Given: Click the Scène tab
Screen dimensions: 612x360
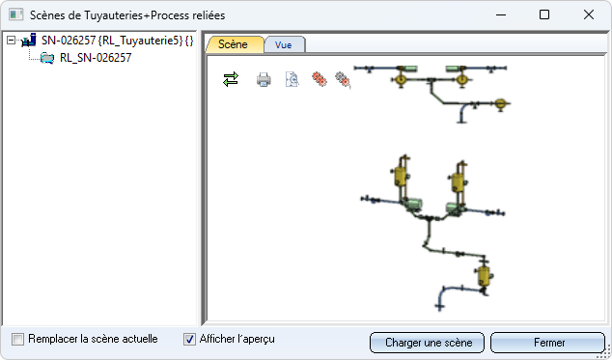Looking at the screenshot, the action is click(x=233, y=44).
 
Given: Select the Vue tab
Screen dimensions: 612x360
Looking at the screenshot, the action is click(x=284, y=45).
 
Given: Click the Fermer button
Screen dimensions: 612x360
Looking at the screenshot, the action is click(x=548, y=343).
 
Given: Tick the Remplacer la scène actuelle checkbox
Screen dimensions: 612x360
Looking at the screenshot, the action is click(x=17, y=339).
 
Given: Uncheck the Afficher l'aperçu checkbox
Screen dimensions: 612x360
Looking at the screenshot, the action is click(x=189, y=339).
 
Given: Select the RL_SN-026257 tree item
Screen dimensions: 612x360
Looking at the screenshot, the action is click(x=96, y=58).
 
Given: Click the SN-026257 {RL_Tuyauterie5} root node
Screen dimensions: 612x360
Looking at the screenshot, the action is click(x=117, y=41).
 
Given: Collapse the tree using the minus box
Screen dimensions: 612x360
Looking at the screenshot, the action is click(x=12, y=41).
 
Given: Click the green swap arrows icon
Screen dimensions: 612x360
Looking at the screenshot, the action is click(x=231, y=79).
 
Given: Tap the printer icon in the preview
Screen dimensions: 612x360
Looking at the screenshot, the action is click(x=264, y=80).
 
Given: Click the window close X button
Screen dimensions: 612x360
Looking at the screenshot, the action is click(x=589, y=14).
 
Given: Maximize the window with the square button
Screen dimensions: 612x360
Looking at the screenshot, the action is click(x=544, y=14).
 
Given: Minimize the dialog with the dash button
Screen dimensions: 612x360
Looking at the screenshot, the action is click(x=501, y=15).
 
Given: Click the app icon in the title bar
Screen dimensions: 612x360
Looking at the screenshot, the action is click(x=16, y=14).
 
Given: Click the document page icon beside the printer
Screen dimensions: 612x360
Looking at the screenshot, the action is click(x=292, y=79).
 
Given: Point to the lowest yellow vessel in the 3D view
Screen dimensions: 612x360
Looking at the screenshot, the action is click(x=484, y=276).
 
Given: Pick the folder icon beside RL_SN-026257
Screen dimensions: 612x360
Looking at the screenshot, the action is click(x=47, y=58).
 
